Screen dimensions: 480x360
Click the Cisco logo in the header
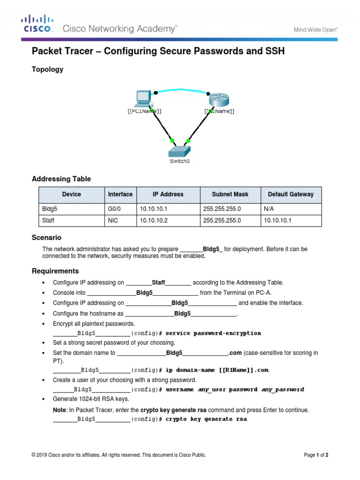[37, 24]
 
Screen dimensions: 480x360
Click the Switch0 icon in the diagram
[180, 151]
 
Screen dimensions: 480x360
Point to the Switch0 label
[180, 161]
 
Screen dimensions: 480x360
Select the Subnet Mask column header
[230, 194]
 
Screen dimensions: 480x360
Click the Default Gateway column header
[291, 194]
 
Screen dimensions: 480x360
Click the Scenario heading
[46, 238]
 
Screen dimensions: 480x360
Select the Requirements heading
[55, 271]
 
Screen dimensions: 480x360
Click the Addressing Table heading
[61, 179]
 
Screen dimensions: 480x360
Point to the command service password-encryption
[213, 333]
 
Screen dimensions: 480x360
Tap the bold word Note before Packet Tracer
[60, 410]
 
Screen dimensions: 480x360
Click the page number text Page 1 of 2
[316, 455]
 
